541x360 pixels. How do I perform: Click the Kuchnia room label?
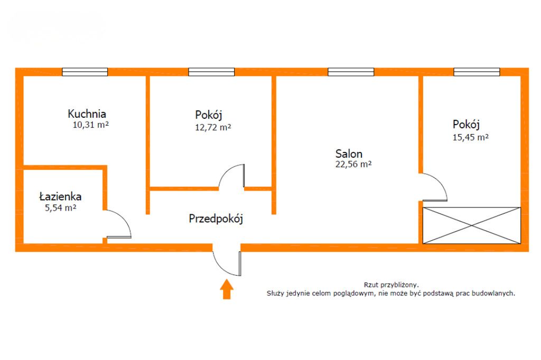coord(87,113)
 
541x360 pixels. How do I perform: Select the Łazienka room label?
coord(60,196)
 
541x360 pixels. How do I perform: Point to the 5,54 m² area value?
coord(61,208)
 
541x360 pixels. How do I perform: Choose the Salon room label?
coord(349,154)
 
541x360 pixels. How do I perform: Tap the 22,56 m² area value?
coord(353,164)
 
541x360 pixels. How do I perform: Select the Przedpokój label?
coord(216,219)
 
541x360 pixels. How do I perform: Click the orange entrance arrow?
coord(227,289)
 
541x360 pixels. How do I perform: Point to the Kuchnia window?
coord(85,72)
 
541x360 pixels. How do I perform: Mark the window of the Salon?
coord(351,72)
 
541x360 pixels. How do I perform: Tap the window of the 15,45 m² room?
coord(477,72)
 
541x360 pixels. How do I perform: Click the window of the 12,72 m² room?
coord(211,72)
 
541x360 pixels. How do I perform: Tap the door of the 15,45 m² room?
coord(434,187)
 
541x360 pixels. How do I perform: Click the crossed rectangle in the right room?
coord(472,225)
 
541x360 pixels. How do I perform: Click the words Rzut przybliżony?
coord(391,284)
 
